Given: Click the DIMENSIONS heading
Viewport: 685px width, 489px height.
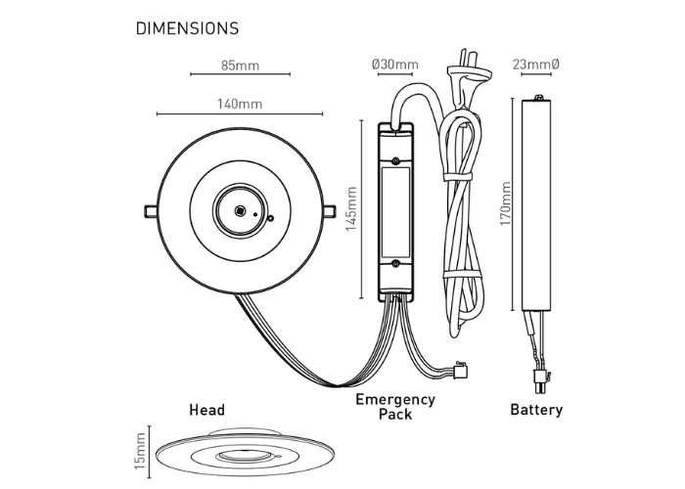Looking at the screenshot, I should [x=187, y=28].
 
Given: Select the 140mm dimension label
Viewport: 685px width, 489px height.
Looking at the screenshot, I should [x=240, y=102].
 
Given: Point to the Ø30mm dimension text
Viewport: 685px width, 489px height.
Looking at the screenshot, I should [x=394, y=66].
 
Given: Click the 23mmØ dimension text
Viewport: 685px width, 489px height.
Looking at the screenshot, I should [x=535, y=66].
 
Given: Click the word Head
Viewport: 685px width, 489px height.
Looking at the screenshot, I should [x=206, y=410].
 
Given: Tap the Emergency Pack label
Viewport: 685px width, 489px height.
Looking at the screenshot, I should [x=394, y=406].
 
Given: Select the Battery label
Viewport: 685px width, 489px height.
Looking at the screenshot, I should [x=536, y=410].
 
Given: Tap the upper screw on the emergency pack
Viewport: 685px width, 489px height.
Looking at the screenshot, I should [x=394, y=158].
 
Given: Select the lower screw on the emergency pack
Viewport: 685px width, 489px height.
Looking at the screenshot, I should [x=394, y=263].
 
